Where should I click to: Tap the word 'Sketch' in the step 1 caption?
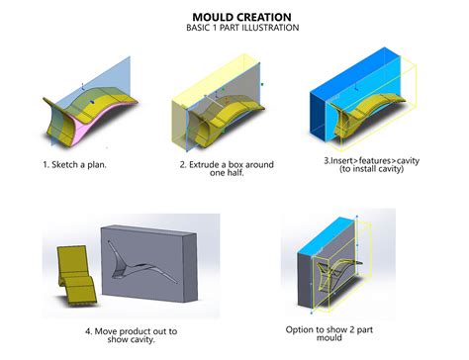pos(71,163)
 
